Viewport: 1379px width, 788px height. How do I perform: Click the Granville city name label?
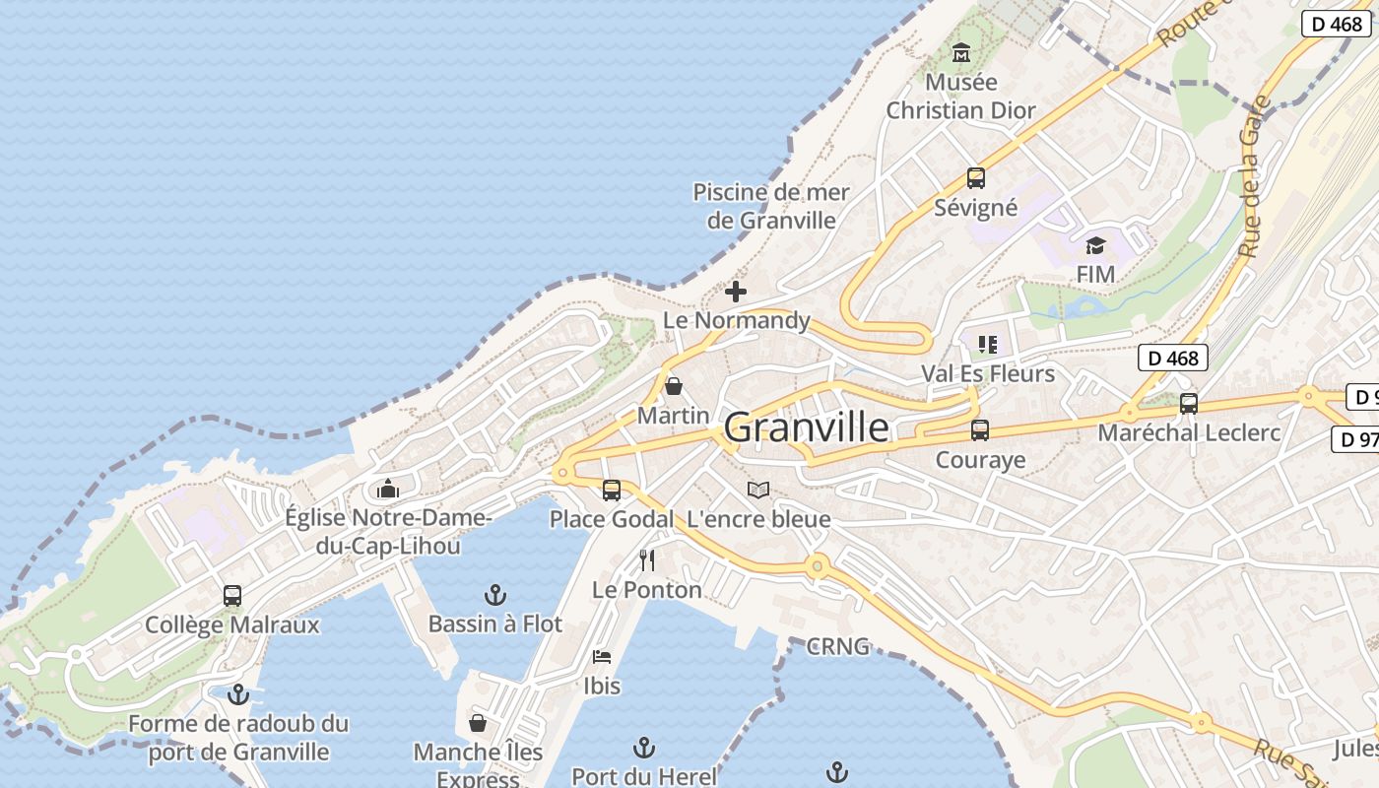click(x=806, y=427)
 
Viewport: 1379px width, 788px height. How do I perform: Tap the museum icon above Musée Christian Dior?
click(x=961, y=52)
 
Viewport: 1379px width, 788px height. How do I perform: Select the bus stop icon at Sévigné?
click(x=975, y=178)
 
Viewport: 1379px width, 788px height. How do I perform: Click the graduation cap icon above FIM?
click(x=1095, y=245)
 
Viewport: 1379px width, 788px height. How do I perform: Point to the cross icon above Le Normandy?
click(x=736, y=292)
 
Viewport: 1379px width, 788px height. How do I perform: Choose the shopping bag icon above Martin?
click(x=674, y=386)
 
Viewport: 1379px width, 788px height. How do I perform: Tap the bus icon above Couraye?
click(x=979, y=430)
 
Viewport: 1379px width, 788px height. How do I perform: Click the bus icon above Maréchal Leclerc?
click(x=1189, y=403)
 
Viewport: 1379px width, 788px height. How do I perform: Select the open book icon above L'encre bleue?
click(x=757, y=490)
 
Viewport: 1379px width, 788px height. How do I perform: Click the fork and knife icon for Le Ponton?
click(x=647, y=560)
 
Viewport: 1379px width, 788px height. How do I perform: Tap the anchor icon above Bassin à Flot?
click(x=495, y=595)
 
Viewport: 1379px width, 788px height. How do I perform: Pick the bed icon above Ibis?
click(x=602, y=656)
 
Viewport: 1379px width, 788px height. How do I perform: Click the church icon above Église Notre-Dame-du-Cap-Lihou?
click(x=387, y=489)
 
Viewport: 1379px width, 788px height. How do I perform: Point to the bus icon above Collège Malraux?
click(x=232, y=596)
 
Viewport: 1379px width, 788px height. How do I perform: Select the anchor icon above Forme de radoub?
click(x=237, y=695)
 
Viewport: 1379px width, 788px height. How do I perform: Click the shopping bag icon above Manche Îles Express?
click(x=478, y=724)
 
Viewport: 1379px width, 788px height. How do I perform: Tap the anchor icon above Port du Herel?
click(x=644, y=748)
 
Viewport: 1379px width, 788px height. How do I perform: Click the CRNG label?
click(x=837, y=647)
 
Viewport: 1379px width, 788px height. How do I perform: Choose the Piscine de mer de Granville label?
click(x=771, y=206)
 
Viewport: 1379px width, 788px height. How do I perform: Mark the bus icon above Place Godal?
click(x=612, y=491)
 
